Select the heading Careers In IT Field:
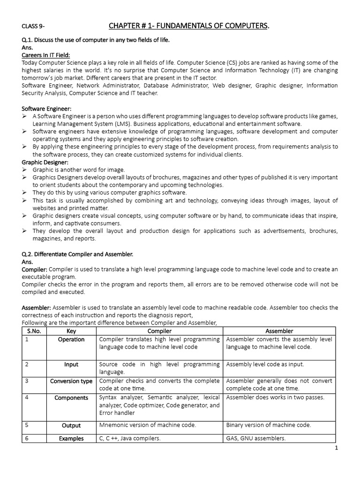pyautogui.click(x=45, y=55)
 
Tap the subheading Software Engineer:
pyautogui.click(x=44, y=108)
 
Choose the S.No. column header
pyautogui.click(x=34, y=331)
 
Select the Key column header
pyautogui.click(x=71, y=331)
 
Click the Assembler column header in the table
pyautogui.click(x=279, y=331)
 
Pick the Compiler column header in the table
pyautogui.click(x=159, y=331)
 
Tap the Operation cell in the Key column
pyautogui.click(x=71, y=339)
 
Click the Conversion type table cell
pyautogui.click(x=71, y=381)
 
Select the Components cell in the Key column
pyautogui.click(x=71, y=398)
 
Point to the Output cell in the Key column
pyautogui.click(x=71, y=426)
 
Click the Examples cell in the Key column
pyautogui.click(x=71, y=439)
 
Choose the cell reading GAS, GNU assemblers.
pyautogui.click(x=256, y=439)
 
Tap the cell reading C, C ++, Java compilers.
pyautogui.click(x=130, y=439)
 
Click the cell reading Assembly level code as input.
pyautogui.click(x=265, y=364)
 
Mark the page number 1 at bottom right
pyautogui.click(x=337, y=448)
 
